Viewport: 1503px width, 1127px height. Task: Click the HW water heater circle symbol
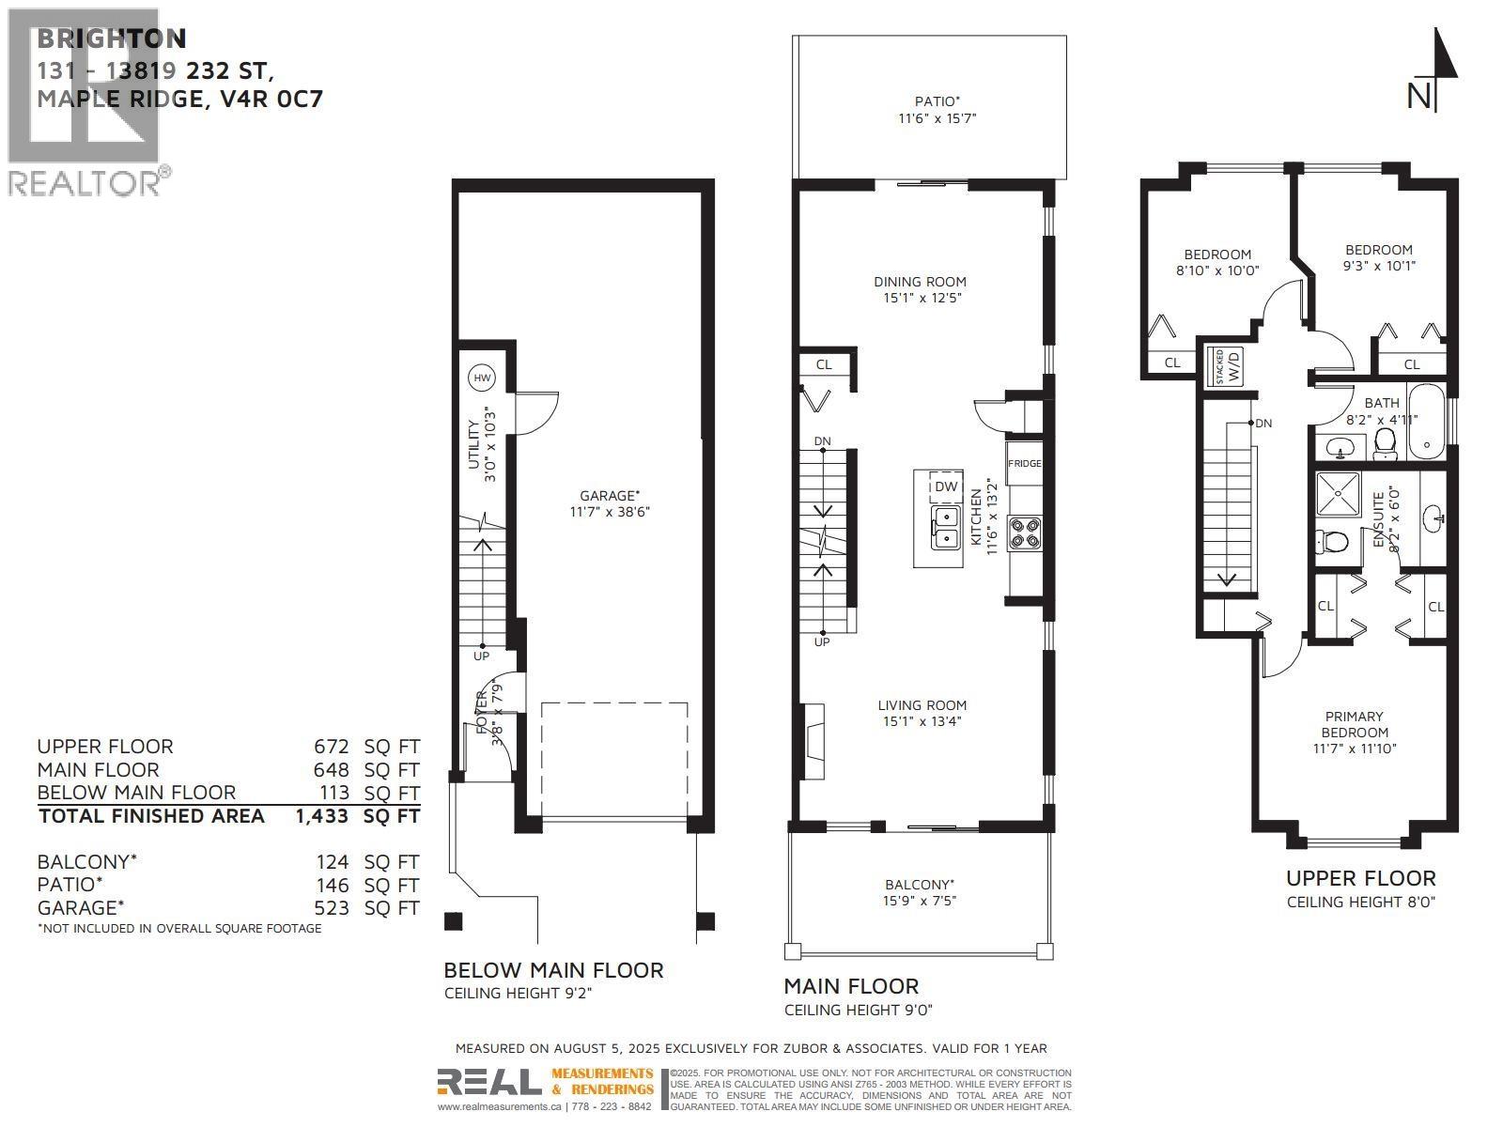coord(482,378)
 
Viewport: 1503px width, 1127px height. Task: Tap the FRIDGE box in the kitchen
coord(1025,463)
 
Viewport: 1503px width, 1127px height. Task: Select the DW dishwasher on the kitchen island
coord(946,486)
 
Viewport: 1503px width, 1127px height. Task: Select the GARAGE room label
coord(609,495)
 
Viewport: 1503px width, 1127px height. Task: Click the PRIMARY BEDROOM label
coord(1355,724)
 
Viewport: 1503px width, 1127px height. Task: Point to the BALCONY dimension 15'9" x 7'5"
coord(921,901)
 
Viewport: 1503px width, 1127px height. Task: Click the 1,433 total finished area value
coord(321,816)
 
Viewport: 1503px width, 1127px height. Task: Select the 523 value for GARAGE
coord(331,908)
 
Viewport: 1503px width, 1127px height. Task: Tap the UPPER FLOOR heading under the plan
coord(1360,878)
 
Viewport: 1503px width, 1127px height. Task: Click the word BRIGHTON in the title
coord(111,39)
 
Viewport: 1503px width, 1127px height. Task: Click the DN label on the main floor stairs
coord(822,440)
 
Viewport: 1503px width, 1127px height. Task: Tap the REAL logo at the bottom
coord(488,1083)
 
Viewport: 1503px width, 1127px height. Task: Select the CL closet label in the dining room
coord(823,364)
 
